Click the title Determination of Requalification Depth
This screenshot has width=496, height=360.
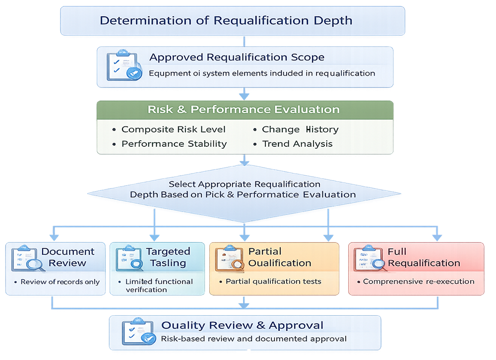[226, 21]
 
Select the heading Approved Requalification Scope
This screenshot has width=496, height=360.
[237, 57]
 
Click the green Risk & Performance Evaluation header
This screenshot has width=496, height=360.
[244, 110]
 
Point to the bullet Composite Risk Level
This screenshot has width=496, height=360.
[173, 129]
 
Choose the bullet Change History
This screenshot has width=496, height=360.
[300, 129]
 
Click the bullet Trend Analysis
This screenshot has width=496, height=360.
[297, 144]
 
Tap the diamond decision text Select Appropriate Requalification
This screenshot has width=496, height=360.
[243, 184]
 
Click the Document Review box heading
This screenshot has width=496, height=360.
[67, 257]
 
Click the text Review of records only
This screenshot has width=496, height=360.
[60, 282]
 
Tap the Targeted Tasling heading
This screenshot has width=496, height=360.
[168, 257]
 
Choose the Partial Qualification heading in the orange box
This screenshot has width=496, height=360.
[279, 257]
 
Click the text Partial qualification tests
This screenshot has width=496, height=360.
[273, 281]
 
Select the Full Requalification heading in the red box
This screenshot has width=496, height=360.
[424, 257]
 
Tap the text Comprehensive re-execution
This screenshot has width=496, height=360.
[418, 281]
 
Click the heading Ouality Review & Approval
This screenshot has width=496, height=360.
[242, 326]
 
